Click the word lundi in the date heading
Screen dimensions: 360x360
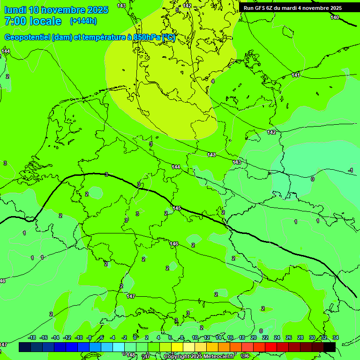coord(15,10)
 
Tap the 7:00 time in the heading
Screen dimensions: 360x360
coord(14,22)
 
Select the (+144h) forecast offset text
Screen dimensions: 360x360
coord(83,21)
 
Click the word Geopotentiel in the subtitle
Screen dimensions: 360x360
coord(27,37)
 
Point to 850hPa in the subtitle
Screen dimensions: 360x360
coord(147,37)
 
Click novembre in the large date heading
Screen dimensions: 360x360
coord(63,10)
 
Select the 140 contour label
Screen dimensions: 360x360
coord(335,17)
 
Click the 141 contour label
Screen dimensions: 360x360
coord(296,75)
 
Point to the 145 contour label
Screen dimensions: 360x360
coord(177,208)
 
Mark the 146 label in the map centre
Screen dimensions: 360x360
coord(174,244)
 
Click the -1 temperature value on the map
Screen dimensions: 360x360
coord(351,170)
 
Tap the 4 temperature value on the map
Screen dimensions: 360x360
coord(213,81)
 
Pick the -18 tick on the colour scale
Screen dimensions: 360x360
coord(32,337)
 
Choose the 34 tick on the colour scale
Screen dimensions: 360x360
coord(336,337)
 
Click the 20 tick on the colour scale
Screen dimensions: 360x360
coord(254,337)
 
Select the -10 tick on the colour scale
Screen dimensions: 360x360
coord(79,337)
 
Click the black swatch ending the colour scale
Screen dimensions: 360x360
coord(330,347)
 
